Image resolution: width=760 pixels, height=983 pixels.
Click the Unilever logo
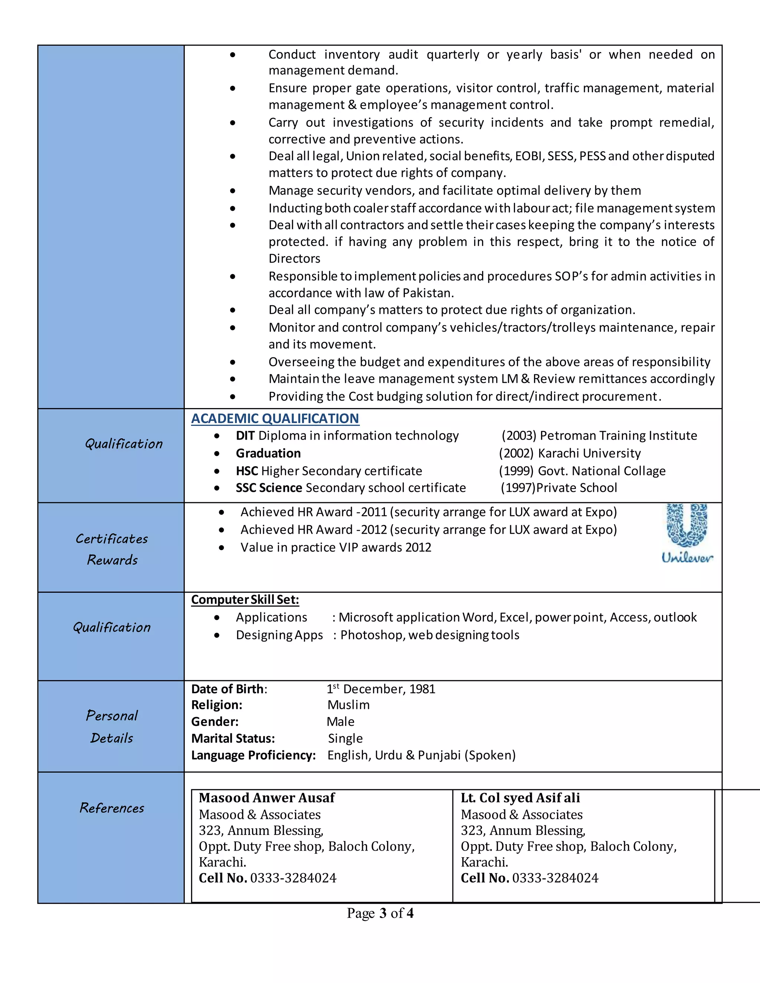point(687,533)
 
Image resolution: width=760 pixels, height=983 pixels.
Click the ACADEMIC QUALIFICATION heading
point(275,418)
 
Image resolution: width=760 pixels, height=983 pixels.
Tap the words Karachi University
point(589,453)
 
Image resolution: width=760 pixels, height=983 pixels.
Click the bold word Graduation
point(268,453)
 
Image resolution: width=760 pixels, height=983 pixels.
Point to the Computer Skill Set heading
point(245,599)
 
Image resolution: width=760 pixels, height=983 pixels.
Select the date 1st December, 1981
point(381,689)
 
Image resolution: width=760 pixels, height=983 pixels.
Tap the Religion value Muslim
point(348,705)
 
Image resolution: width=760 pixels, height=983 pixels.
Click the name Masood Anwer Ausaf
point(266,798)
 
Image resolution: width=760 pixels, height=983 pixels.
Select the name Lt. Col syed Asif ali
point(520,798)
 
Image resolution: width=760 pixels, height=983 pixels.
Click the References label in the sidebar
point(112,808)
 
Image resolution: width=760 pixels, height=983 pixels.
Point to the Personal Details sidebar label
point(112,727)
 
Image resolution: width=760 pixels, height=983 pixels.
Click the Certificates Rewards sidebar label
point(112,549)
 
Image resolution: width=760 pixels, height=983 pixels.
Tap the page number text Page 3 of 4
point(380,913)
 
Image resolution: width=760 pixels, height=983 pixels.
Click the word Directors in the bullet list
point(294,259)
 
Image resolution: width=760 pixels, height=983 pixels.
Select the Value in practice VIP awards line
point(336,547)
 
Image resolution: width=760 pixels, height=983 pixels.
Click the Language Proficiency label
point(253,755)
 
